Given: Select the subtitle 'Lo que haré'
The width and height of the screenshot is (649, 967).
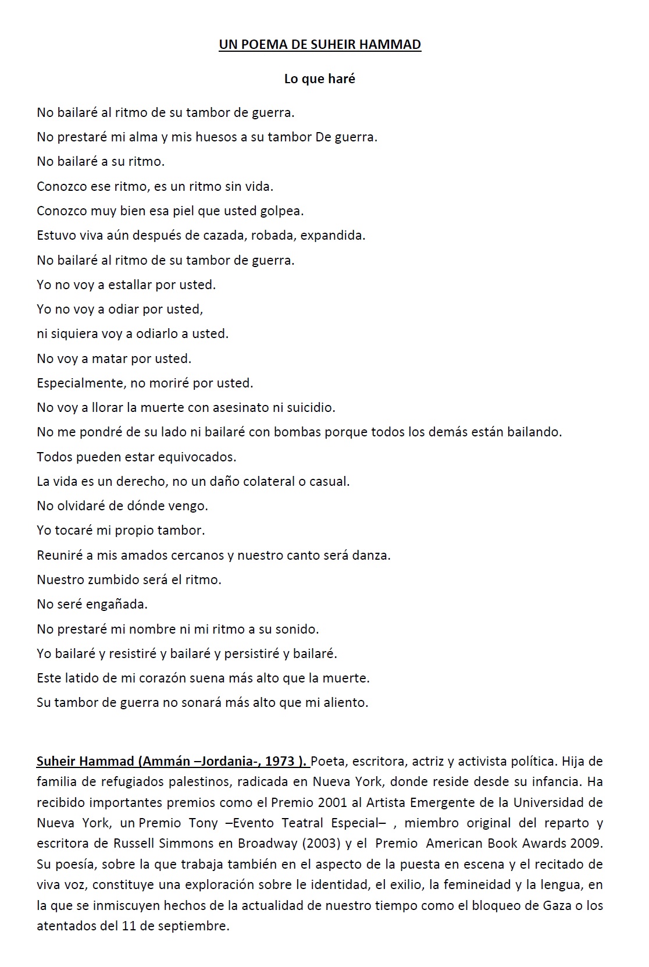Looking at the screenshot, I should coord(319,79).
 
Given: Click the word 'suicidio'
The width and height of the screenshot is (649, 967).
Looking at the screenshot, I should coord(312,407).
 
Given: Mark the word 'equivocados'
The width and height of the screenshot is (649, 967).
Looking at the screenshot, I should coord(201,457).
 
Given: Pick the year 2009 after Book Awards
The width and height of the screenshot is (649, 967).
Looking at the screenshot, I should coord(586,843).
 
